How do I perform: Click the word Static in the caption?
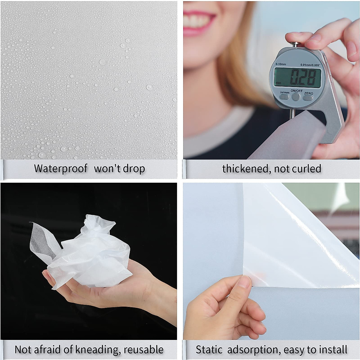[x=209, y=350]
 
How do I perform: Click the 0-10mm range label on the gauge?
[x=281, y=64]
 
